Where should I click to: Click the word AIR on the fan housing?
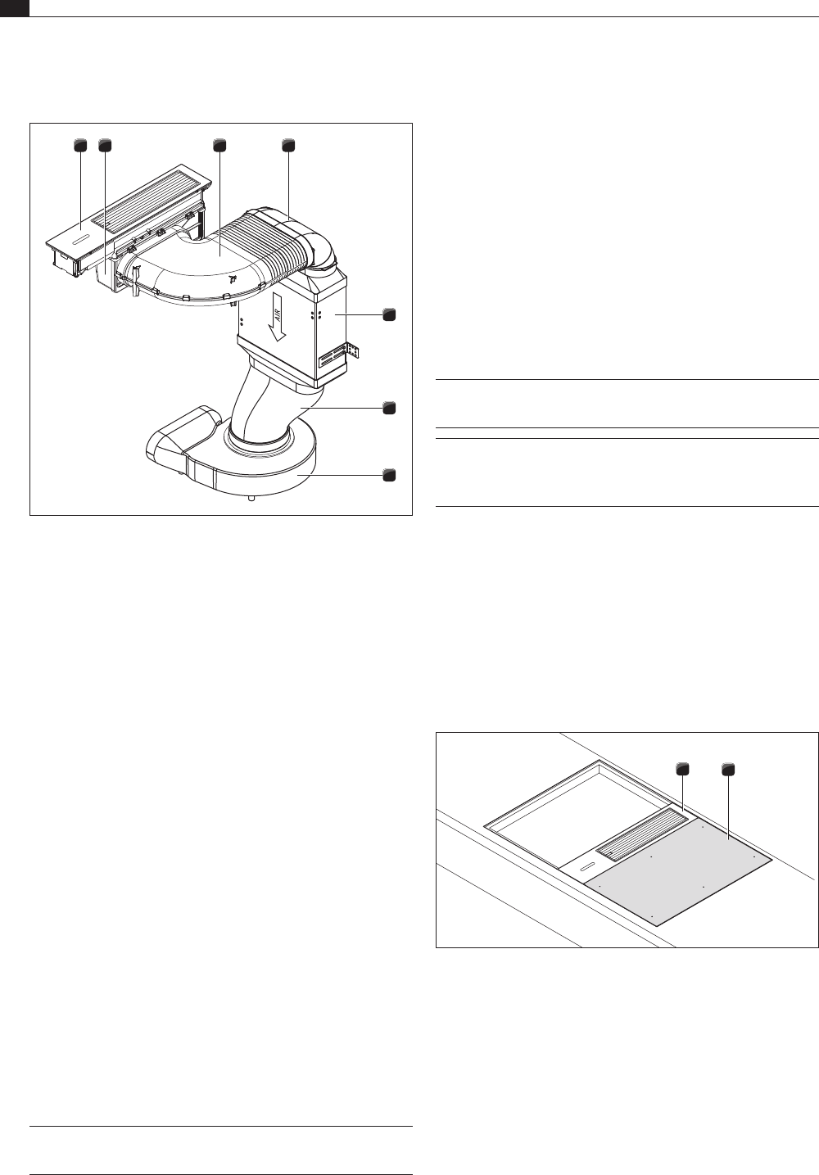278,314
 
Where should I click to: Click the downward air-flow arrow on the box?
278,318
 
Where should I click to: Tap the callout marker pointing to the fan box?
389,315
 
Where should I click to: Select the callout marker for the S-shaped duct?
389,408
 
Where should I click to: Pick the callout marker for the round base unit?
389,475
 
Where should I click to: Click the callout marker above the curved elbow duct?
219,145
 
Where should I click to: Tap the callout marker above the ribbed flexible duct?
288,145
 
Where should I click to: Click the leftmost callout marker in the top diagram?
79,145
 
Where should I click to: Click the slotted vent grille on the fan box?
333,359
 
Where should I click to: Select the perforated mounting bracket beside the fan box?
352,350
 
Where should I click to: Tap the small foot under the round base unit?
252,499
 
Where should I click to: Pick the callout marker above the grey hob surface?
728,770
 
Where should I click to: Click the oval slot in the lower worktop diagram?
587,865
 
